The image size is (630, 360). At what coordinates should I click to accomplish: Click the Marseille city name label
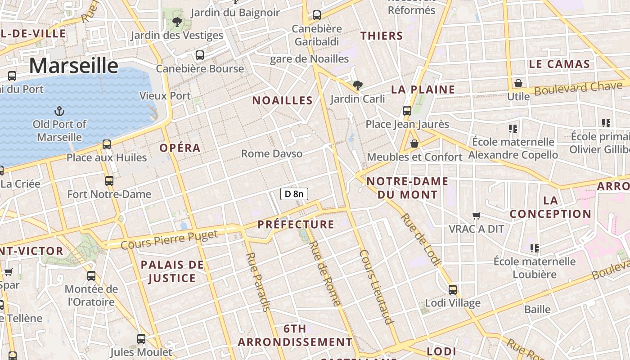click(x=74, y=66)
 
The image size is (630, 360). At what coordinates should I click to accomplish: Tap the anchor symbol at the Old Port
click(x=59, y=110)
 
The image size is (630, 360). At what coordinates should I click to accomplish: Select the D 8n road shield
click(x=294, y=194)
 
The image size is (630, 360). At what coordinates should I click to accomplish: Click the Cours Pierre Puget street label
click(x=169, y=238)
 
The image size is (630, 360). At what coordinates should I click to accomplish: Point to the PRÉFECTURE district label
click(x=296, y=224)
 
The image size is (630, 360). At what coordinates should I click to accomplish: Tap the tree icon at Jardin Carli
click(x=358, y=85)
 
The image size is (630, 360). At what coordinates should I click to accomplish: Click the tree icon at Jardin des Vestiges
click(x=177, y=21)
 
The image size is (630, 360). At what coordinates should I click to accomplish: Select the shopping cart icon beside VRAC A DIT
click(x=477, y=216)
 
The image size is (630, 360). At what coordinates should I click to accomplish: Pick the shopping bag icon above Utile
click(x=518, y=83)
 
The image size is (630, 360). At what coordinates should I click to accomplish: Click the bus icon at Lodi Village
click(x=453, y=289)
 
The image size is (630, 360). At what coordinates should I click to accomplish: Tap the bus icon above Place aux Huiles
click(x=107, y=144)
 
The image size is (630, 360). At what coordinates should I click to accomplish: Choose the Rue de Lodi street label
click(x=419, y=239)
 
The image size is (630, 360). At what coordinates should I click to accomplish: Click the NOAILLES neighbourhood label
click(x=282, y=100)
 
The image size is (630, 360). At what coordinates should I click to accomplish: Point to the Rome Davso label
click(x=272, y=153)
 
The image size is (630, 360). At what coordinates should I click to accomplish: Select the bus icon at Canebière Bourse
click(x=199, y=55)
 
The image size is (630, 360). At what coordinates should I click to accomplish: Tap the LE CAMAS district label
click(x=559, y=64)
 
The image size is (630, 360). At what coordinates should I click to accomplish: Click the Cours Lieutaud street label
click(x=376, y=287)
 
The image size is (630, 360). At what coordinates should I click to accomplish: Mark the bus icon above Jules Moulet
click(x=141, y=339)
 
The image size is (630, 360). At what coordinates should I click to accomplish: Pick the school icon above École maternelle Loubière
click(x=535, y=248)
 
